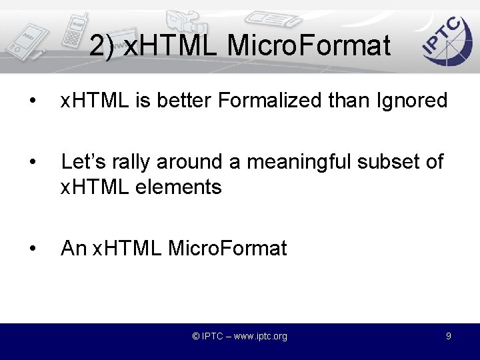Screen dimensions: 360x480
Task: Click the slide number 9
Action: click(449, 336)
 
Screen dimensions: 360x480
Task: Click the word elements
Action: click(179, 187)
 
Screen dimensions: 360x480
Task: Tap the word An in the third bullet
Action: click(73, 249)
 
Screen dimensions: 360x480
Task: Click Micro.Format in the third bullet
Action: click(227, 249)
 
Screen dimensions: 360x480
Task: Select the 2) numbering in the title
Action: click(102, 46)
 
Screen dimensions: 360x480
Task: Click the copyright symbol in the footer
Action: click(196, 337)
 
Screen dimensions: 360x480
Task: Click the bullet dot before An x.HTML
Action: click(31, 249)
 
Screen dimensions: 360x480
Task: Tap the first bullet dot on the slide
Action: click(31, 101)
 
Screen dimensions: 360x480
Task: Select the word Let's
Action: click(83, 162)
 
